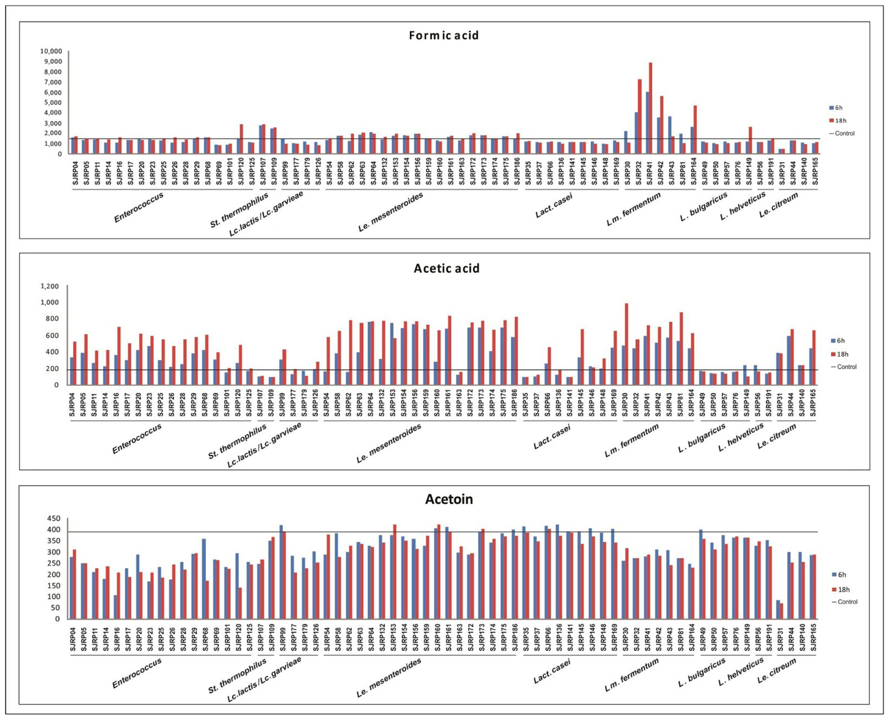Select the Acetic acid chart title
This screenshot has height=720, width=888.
447,268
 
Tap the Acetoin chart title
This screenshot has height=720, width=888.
449,499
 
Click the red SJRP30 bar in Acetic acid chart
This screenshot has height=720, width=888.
626,344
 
